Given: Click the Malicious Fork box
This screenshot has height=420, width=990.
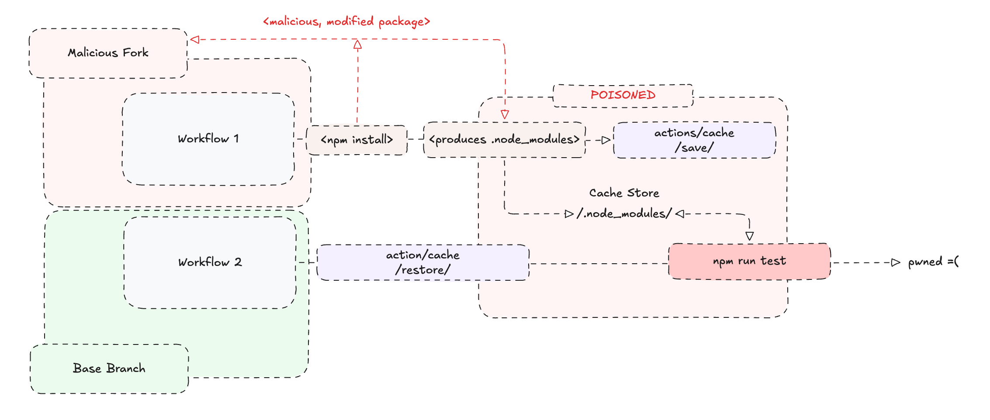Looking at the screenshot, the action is [108, 53].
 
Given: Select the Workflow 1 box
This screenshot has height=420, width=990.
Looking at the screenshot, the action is [208, 139].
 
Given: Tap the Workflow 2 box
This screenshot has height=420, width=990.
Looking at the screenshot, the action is [210, 262].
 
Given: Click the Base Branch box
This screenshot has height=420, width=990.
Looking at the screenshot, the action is [109, 369].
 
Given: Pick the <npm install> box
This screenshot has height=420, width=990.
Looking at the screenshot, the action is [357, 140].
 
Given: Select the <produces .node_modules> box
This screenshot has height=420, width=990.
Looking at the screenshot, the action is [505, 140].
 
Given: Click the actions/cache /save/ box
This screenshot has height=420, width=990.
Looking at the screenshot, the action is [695, 140].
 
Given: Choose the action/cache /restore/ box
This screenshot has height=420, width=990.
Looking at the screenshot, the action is [423, 262].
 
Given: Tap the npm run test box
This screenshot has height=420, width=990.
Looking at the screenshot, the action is [750, 261].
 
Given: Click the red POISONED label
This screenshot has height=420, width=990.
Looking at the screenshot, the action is [623, 95].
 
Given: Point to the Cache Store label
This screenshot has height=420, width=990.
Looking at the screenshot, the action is [624, 193].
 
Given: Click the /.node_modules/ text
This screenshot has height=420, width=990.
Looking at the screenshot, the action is [624, 213].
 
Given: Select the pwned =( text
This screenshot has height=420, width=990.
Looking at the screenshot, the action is [933, 262].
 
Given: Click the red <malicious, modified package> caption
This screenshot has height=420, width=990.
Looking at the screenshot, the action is [347, 21].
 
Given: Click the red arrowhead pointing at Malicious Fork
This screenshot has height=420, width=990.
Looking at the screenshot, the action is [195, 40].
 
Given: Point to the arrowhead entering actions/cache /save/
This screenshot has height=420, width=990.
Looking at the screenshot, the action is [606, 140].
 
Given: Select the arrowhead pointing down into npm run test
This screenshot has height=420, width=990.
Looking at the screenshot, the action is [750, 236].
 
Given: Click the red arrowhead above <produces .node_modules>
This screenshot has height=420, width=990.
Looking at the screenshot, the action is [505, 115].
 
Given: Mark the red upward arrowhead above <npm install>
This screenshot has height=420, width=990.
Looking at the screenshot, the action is [357, 44].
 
